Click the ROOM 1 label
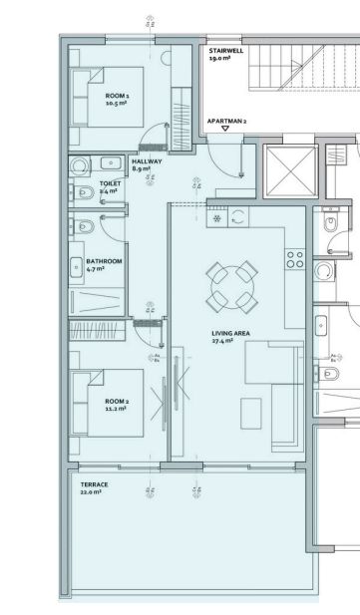pos(117,96)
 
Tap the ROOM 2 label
pos(117,402)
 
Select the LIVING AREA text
pos(230,333)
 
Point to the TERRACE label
pos(94,484)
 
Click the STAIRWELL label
pos(226,51)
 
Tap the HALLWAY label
pos(147,161)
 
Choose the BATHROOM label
pos(104,261)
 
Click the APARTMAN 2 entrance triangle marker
pos(225,129)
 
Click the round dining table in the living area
pos(232,287)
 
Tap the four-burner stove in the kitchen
pos(295,259)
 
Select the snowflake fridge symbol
pos(217,218)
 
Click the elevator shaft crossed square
pos(290,171)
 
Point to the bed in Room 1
pos(107,97)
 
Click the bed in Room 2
pos(107,403)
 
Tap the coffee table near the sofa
pos(251,414)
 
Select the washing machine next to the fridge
pos(238,217)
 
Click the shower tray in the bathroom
pos(97,301)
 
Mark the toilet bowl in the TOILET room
pos(85,192)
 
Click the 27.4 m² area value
pos(222,341)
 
